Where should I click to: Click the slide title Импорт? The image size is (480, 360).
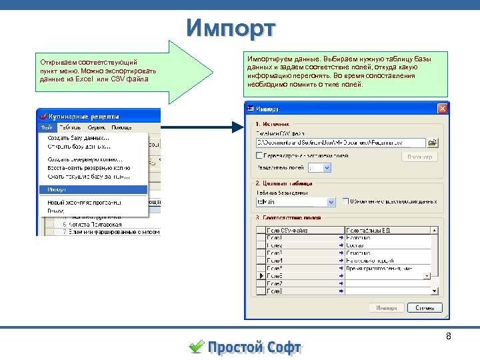tap(231, 29)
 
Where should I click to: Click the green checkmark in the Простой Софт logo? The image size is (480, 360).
tap(197, 346)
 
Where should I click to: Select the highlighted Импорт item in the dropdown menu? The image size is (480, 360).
tap(93, 189)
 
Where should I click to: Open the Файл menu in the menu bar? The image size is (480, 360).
tap(46, 127)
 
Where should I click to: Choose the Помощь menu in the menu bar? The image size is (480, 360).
tap(121, 127)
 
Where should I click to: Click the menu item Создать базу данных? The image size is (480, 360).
tap(79, 137)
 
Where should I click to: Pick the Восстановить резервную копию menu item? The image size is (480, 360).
tap(88, 168)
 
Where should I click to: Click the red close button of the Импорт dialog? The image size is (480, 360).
tap(442, 109)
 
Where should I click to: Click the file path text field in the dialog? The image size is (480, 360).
tap(340, 142)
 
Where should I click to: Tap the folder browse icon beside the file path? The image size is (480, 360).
tap(433, 142)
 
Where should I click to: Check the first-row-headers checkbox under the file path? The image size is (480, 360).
tap(260, 155)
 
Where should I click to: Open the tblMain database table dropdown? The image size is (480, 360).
tap(295, 201)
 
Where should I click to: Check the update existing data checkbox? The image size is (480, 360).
tap(346, 201)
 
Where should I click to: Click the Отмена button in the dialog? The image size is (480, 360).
tap(425, 307)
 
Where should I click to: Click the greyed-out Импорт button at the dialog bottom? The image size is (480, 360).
tap(386, 307)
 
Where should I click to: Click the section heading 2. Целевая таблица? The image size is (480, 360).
tap(283, 183)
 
